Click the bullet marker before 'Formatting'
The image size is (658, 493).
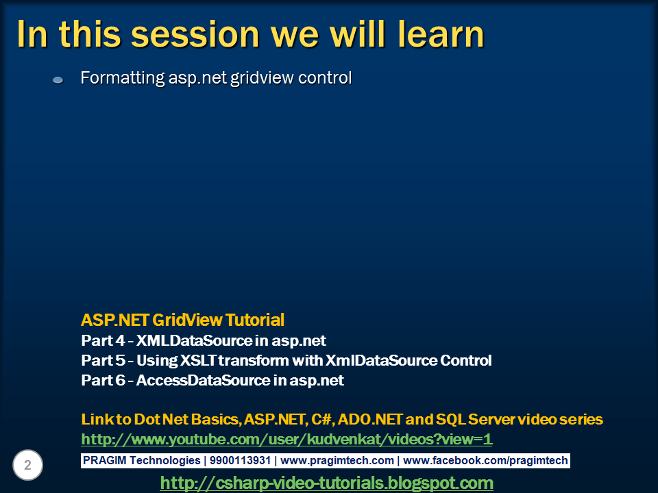58,80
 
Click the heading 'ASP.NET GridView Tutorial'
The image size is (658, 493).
182,320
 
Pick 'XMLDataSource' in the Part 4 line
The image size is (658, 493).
193,340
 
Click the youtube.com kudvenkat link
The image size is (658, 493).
287,439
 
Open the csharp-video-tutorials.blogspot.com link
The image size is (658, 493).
326,483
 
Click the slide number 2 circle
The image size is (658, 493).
28,466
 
